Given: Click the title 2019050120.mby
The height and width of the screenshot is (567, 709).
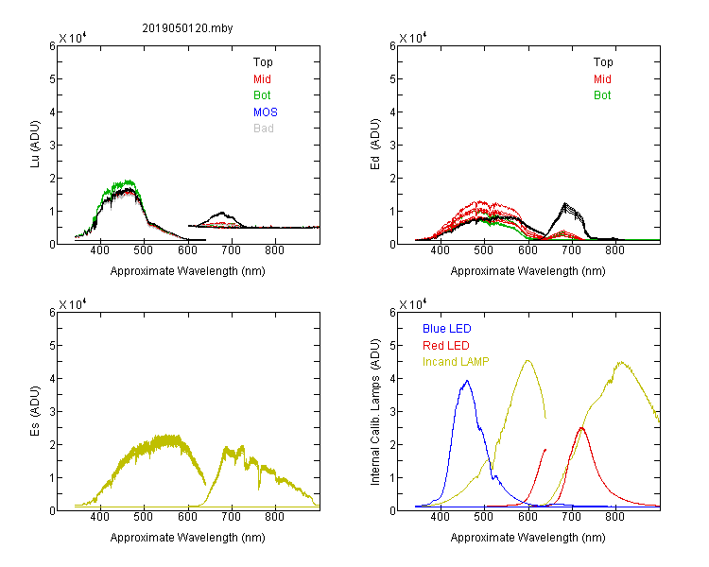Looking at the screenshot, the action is (187, 28).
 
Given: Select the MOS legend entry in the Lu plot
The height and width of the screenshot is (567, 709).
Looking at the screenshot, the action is (266, 112).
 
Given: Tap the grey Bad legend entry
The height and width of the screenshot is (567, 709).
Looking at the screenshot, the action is (264, 129).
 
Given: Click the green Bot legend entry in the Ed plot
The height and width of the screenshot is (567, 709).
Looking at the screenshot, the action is (602, 95).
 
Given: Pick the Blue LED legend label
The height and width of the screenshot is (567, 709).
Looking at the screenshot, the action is (447, 329).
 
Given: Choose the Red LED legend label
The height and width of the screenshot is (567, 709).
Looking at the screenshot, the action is (446, 346).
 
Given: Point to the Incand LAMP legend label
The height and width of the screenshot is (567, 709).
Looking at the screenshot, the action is (456, 362).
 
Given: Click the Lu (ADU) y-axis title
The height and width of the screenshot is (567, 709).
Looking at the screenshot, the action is (35, 144).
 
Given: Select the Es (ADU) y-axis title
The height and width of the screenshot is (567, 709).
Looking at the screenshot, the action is (35, 410).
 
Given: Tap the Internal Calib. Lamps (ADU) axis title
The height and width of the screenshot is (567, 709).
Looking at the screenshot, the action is (375, 412).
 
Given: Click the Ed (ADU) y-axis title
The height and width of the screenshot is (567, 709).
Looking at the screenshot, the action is (375, 145).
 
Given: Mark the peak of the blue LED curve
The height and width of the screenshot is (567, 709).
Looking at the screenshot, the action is (467, 381).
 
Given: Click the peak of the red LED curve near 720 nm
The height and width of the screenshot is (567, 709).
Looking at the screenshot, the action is (581, 428).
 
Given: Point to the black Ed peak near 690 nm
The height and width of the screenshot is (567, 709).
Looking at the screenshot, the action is (564, 203).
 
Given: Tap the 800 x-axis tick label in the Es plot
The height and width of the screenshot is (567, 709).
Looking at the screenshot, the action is (275, 517).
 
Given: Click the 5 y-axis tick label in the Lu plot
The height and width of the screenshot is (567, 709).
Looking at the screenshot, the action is (52, 79).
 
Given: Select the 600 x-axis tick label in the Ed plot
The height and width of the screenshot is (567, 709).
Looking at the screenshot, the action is (527, 250).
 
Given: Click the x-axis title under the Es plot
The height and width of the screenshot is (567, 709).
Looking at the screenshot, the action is (188, 538).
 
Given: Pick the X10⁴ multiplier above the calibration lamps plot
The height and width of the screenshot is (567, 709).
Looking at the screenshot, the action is (413, 304).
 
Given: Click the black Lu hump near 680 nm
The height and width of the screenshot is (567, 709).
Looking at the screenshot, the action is (221, 213).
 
